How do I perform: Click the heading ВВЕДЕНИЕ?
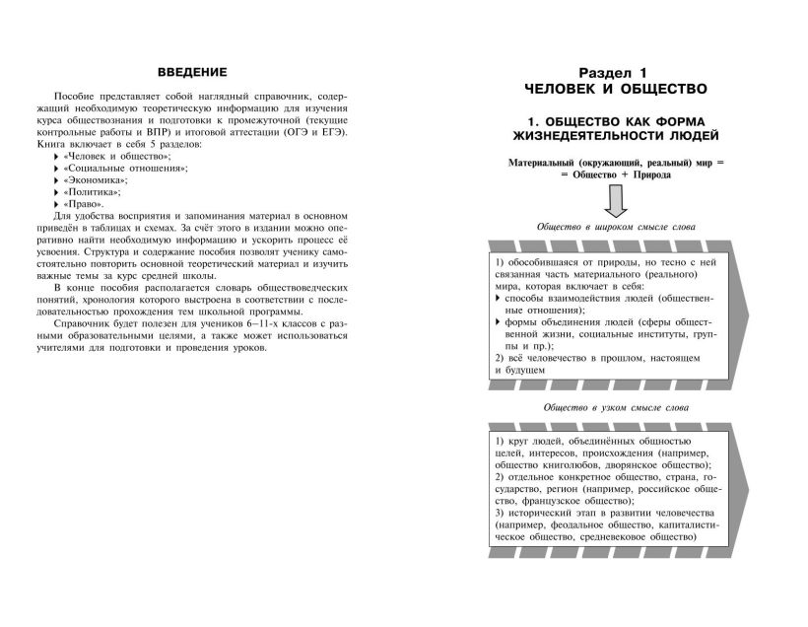pos(192,72)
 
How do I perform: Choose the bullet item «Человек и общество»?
pos(116,157)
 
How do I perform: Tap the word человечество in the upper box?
pos(564,358)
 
